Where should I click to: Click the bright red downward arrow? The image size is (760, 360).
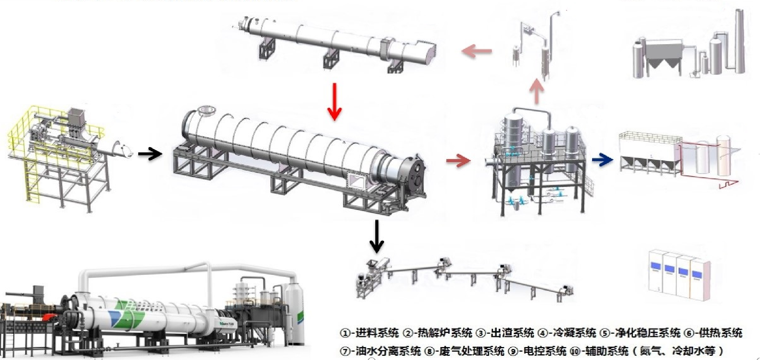coord(334,102)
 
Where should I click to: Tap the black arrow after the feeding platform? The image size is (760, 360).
coord(150,154)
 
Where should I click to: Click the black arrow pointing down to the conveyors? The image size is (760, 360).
coord(376,236)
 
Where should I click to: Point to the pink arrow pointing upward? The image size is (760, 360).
coord(536,91)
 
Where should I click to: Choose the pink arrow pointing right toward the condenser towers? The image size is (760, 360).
coord(458,160)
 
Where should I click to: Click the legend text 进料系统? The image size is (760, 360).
coord(376,333)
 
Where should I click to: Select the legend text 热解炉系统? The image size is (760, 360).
coord(444,333)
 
